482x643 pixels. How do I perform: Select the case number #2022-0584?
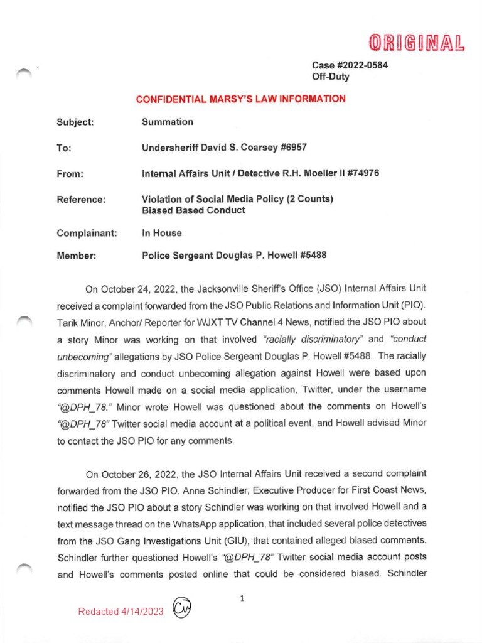pos(360,66)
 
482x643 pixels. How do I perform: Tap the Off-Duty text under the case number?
pos(331,77)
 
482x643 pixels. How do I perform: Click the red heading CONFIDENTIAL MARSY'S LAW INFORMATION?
pos(241,99)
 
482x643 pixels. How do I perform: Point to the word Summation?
pos(168,122)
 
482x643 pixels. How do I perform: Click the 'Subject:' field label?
pos(75,122)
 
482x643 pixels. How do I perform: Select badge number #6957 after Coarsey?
pos(290,148)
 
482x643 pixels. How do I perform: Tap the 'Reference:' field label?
pos(81,200)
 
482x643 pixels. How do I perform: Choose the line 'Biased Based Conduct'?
pos(193,210)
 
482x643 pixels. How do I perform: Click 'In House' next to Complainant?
pos(162,233)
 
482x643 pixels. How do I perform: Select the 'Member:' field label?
pos(77,256)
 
